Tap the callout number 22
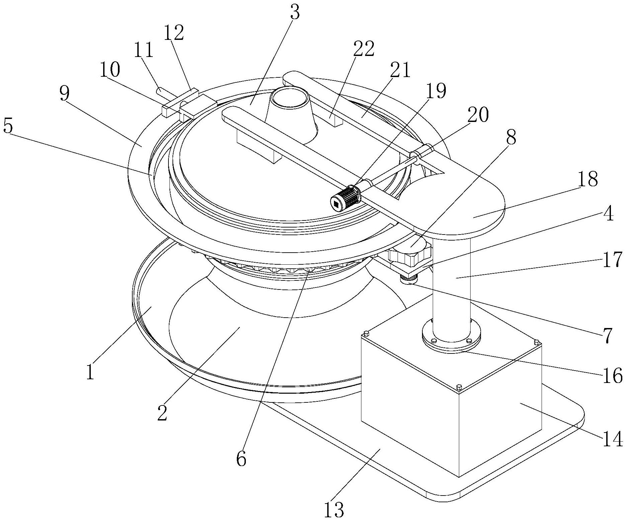363,49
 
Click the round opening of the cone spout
290,99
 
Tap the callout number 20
478,115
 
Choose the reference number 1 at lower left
90,373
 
